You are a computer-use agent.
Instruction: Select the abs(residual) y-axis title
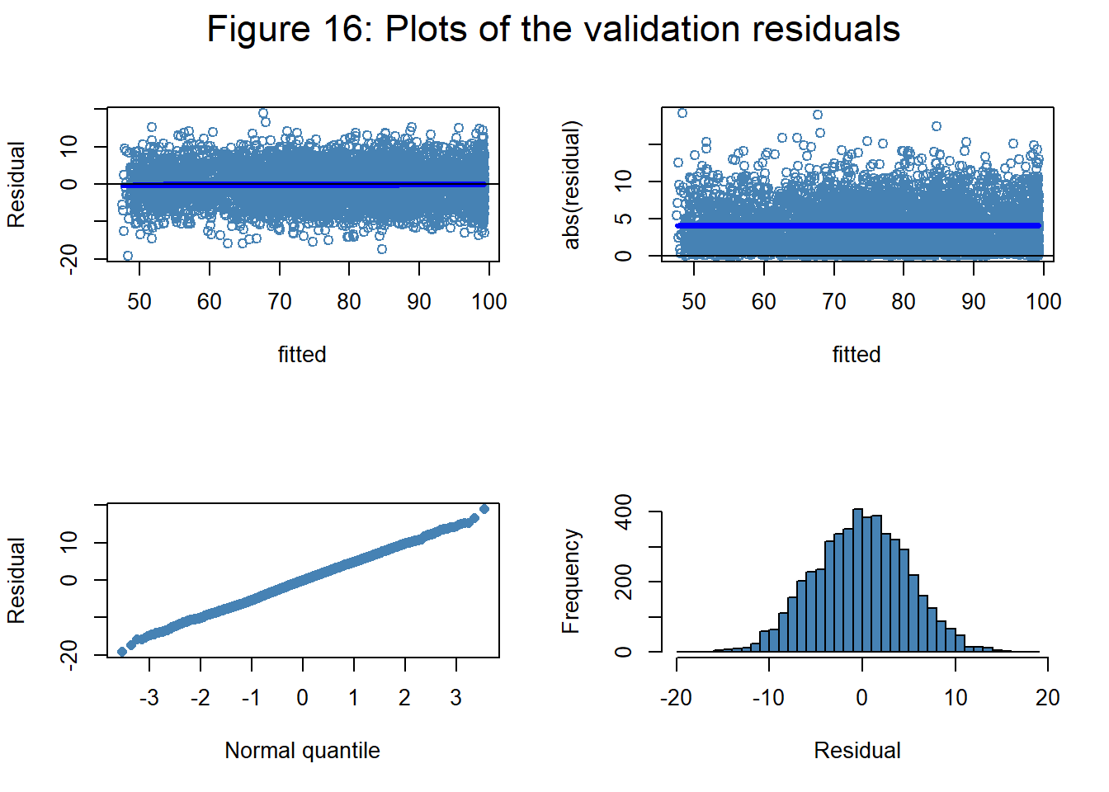572,185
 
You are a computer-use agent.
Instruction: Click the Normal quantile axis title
302,751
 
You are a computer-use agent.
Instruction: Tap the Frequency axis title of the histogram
571,581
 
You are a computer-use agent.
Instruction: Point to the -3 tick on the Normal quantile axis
149,698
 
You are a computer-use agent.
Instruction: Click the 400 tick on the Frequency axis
625,511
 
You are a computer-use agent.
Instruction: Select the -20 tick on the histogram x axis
676,698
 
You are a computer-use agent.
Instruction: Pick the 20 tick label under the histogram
1047,698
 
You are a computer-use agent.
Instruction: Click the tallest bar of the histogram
857,577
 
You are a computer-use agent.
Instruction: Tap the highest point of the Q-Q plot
484,509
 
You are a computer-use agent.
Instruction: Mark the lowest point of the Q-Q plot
123,652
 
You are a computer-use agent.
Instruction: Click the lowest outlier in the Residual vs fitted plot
128,256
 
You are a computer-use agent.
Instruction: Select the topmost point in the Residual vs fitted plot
263,113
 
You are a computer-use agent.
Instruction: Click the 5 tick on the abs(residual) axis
625,219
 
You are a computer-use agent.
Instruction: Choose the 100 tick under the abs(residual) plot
1043,302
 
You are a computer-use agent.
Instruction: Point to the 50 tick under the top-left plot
139,302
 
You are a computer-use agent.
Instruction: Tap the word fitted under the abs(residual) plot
857,355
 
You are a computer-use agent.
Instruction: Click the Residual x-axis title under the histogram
857,751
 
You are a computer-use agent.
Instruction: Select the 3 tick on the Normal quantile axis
455,698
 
